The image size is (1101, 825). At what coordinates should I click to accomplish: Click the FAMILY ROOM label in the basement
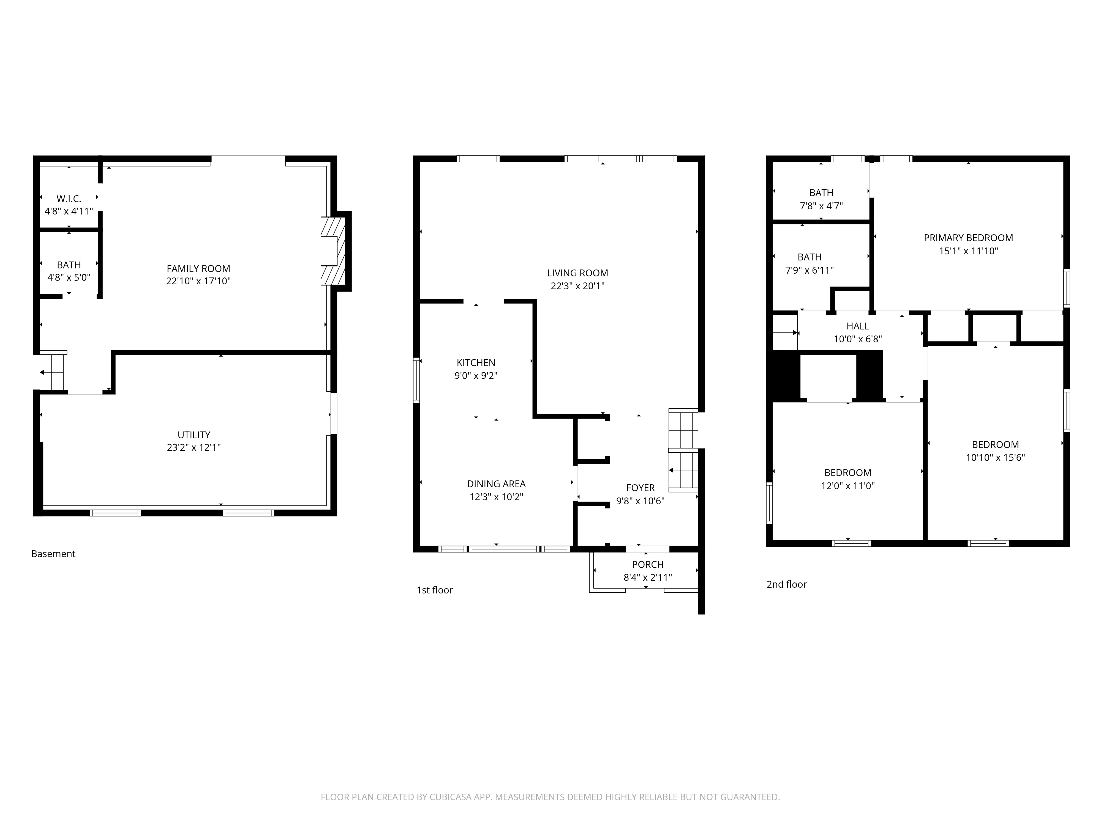198,268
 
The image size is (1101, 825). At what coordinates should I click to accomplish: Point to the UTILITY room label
194,435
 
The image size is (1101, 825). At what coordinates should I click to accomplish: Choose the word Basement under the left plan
53,554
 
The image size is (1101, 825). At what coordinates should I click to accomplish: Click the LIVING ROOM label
577,273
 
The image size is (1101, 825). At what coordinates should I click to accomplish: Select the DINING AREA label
496,484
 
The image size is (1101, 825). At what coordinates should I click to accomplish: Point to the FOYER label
640,488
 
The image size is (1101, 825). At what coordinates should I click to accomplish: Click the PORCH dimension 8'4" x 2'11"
648,577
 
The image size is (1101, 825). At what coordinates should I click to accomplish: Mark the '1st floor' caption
435,590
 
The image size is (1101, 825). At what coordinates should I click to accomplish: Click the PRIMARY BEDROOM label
968,238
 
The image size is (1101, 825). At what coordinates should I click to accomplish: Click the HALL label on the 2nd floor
858,326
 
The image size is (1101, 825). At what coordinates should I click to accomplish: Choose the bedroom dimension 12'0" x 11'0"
848,486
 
